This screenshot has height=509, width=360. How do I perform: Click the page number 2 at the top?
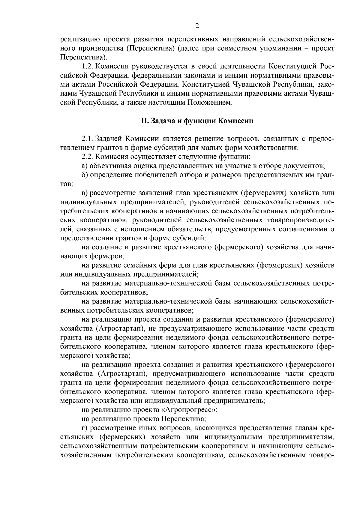coord(197,26)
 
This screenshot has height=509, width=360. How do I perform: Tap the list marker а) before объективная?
coord(84,166)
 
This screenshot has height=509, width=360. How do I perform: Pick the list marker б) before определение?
coord(84,175)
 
